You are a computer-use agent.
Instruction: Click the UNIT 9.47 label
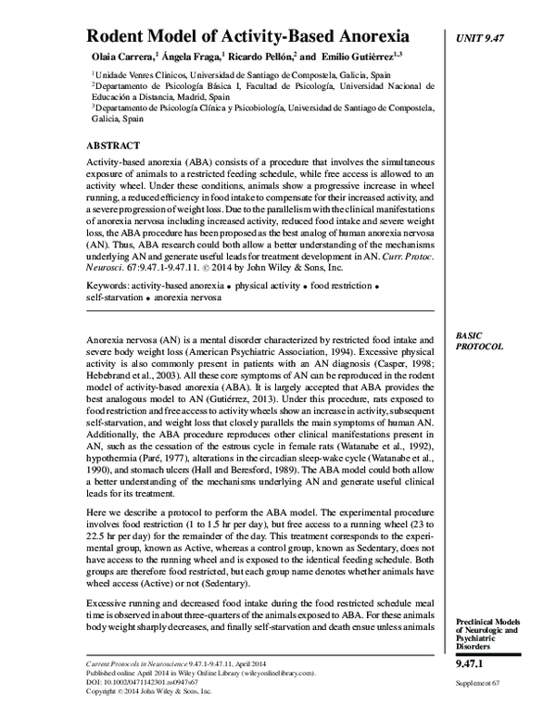486,37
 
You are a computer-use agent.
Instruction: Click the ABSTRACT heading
113,145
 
